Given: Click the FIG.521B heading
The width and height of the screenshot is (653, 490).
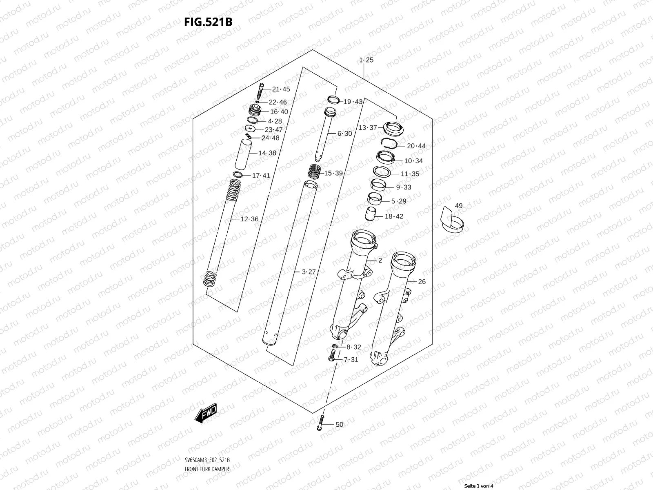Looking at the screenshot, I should pos(208,22).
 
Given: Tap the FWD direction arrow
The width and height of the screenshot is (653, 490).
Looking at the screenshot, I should pos(206,414).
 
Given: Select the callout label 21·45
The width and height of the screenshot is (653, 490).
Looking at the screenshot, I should pos(281,89).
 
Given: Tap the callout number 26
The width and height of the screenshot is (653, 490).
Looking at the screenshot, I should pos(422,282).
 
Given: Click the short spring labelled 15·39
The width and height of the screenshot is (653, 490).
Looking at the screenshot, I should pos(315,171).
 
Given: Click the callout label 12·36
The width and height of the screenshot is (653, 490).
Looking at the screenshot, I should pos(249,219).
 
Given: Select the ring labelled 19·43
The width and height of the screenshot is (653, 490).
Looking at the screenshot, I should pos(333,100).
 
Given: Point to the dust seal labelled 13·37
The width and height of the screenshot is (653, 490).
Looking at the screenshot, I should pos(392,129).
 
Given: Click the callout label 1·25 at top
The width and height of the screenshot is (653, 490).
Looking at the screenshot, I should pos(366,60).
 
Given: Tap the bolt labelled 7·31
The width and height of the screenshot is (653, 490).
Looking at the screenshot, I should pos(331,359).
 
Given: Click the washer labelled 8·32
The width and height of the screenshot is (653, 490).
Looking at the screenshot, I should pos(334,347).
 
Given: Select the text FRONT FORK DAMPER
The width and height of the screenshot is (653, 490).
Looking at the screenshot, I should pos(207,446).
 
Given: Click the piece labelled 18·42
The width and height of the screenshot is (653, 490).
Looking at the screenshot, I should pos(371,214).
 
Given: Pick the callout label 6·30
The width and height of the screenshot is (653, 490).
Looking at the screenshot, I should pos(344,134).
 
